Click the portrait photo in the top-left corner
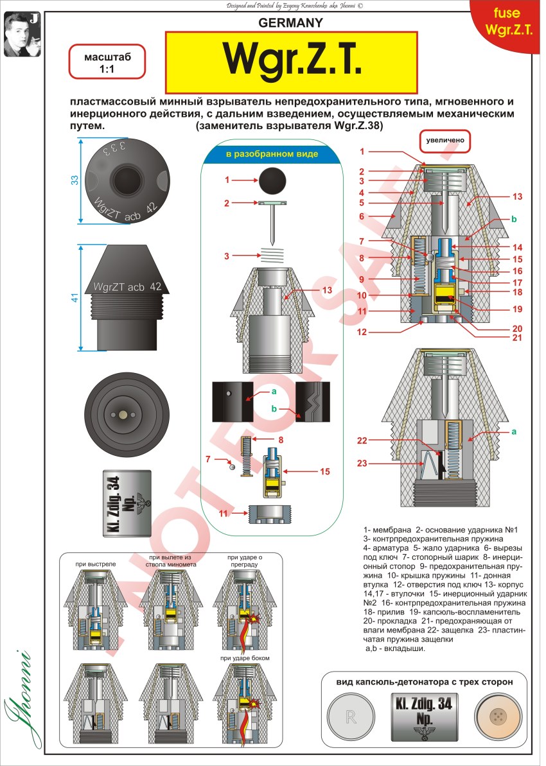[x=20, y=33]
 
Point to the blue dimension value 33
[x=74, y=180]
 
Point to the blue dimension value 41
[x=74, y=297]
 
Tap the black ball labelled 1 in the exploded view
[x=273, y=181]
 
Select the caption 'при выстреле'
[x=94, y=564]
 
